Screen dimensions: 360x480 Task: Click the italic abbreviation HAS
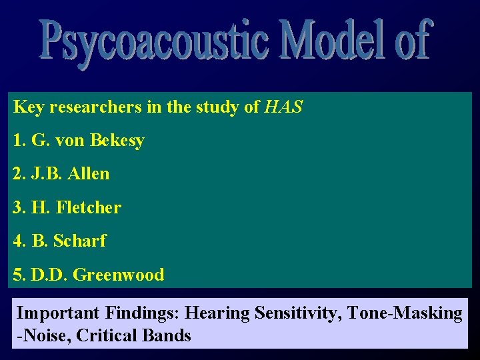pos(283,107)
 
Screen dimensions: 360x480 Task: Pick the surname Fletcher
pos(89,207)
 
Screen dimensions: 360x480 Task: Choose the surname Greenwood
pos(118,274)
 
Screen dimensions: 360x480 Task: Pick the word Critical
pos(103,335)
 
